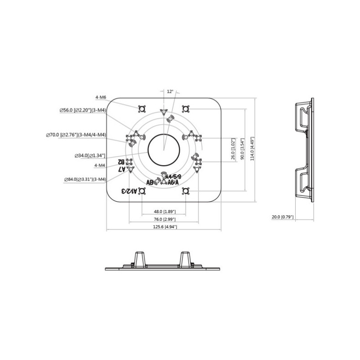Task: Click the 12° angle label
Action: [170, 91]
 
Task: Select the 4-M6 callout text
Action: [100, 97]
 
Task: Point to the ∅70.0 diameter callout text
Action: [76, 135]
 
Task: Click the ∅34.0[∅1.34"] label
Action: [90, 156]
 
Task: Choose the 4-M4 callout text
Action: [100, 166]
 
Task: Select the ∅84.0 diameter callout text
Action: [85, 180]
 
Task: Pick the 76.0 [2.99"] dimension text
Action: [164, 219]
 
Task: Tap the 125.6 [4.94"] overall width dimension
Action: [164, 227]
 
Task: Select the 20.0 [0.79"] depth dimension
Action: [283, 217]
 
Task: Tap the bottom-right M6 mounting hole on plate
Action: [185, 192]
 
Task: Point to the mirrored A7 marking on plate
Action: [121, 169]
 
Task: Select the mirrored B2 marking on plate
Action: [121, 161]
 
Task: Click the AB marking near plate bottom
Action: [150, 183]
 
